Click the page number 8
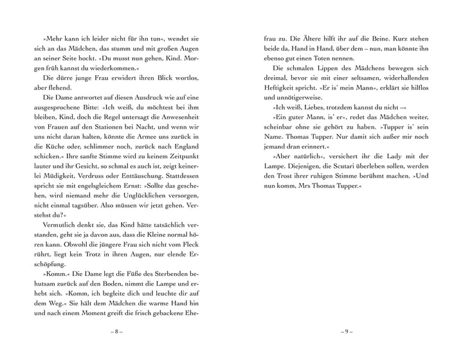click(x=116, y=331)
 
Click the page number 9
click(x=347, y=331)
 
